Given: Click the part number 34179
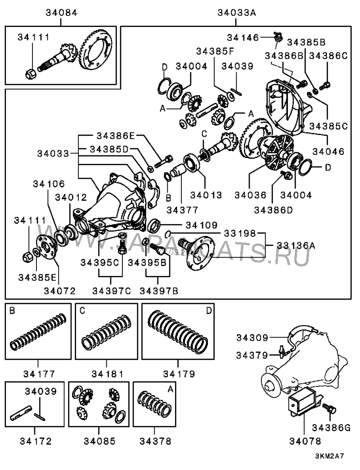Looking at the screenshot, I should (x=179, y=373).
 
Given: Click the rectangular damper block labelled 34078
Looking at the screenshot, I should (x=304, y=401).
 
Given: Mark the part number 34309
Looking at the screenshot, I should (x=254, y=337).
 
